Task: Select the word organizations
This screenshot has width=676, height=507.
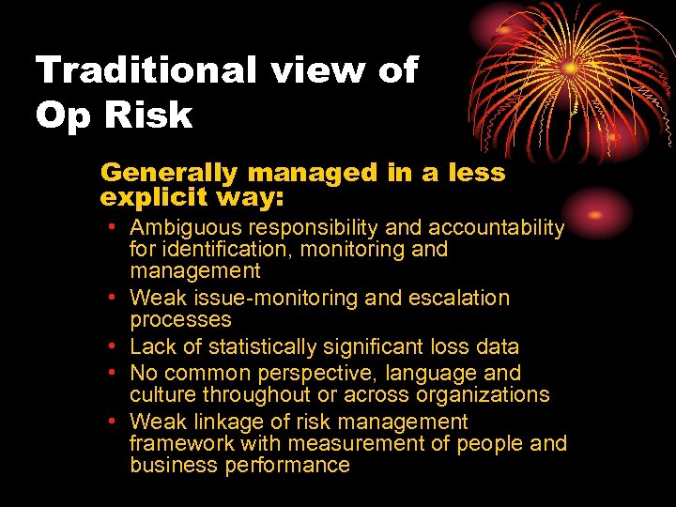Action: pos(481,394)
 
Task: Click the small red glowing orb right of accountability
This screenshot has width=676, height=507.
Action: pos(596,213)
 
